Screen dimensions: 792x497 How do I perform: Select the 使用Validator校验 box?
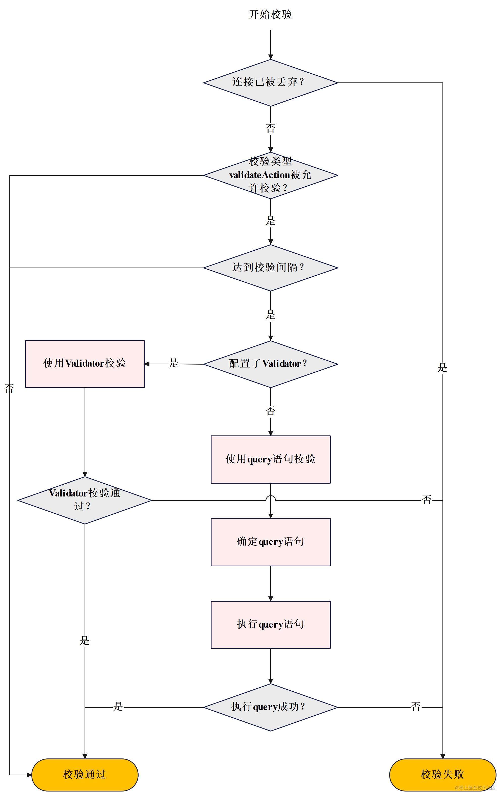pos(85,364)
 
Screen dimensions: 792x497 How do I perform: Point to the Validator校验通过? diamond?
pos(85,500)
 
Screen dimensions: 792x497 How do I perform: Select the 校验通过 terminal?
pos(85,775)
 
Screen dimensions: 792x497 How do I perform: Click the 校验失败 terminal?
pos(442,775)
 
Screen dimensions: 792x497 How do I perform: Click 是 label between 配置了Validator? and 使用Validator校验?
pos(174,363)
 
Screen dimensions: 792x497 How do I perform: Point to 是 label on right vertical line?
pos(442,367)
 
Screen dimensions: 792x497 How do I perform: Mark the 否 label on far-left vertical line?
pos(9,389)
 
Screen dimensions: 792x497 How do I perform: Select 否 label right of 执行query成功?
pos(416,707)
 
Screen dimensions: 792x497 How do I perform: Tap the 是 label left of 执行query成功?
pos(118,707)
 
